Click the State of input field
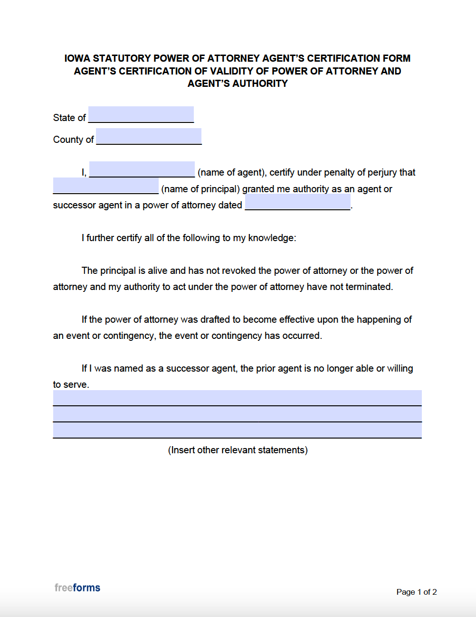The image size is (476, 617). coord(141,114)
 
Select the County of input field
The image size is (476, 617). coord(149,136)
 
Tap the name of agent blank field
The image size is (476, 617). coord(142,169)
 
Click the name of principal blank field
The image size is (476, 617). coord(106,186)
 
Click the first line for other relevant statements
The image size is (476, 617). coord(237,398)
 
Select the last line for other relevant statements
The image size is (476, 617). coord(237,430)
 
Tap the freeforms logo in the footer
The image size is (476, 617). coord(77,588)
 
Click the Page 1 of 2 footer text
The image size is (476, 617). coord(417,592)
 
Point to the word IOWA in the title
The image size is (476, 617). coord(77,58)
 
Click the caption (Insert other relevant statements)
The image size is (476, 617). coord(238,450)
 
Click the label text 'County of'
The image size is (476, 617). coord(73,140)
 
